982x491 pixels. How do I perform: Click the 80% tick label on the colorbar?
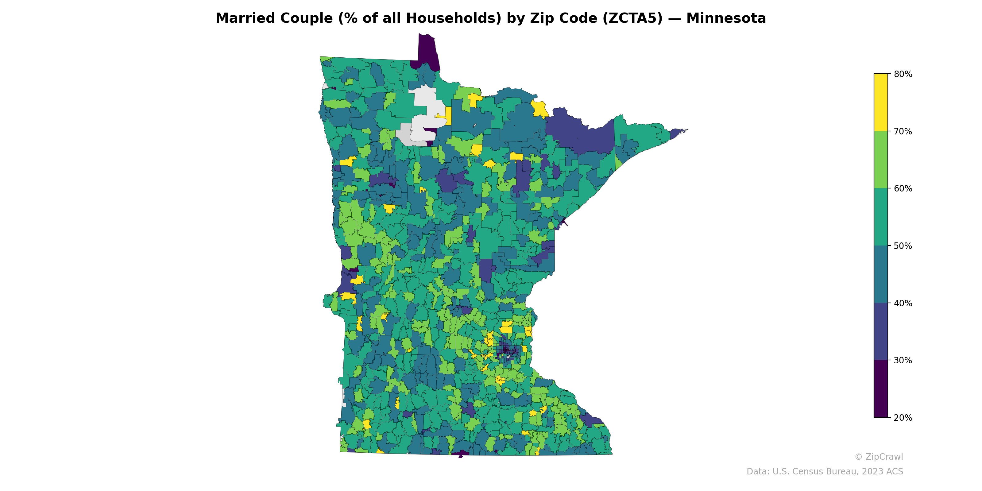point(903,74)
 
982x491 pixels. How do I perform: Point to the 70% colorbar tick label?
point(903,132)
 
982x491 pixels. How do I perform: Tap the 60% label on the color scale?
point(903,189)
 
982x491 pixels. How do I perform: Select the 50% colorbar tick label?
point(903,246)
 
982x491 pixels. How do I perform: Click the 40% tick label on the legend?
point(903,303)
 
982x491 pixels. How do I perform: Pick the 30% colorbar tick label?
point(903,361)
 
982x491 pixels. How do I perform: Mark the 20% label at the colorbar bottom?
point(903,418)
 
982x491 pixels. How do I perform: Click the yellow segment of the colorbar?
point(881,102)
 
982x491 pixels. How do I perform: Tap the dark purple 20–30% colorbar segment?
point(881,389)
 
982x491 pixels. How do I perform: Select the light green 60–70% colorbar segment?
point(881,160)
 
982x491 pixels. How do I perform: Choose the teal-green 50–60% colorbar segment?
point(881,217)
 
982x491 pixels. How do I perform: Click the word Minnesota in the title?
point(726,18)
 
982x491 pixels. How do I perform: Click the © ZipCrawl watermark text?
point(879,457)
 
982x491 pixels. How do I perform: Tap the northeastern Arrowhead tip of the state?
point(682,131)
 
